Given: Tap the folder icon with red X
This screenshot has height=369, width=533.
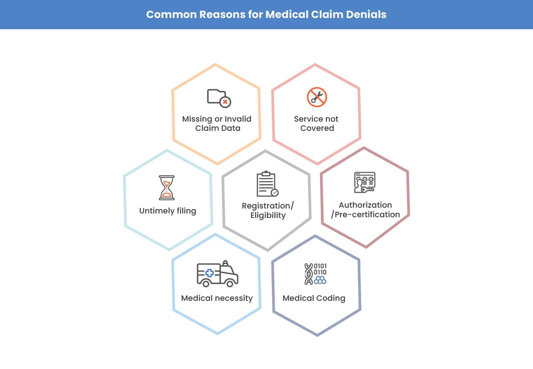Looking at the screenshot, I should coord(219,98).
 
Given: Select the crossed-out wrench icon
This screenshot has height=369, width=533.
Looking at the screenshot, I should coord(317,97).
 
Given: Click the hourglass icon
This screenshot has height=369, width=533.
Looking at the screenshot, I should coord(167,188).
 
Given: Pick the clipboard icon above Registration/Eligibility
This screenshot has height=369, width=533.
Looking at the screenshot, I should coord(266,184).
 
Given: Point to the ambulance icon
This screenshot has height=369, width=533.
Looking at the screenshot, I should coord(217,274).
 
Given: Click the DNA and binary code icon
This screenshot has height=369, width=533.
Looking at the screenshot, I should coord(315,274).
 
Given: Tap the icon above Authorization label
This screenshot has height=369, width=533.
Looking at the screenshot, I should coord(364,182).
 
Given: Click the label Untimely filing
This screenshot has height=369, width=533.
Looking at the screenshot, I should coord(168,211).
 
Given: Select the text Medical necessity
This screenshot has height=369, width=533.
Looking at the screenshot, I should coord(217,298).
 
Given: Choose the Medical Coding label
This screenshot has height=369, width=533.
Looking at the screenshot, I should coord(314,298).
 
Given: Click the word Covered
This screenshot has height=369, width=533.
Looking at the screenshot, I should coord(317,128).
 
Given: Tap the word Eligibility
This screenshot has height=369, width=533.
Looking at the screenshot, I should coord(268,216).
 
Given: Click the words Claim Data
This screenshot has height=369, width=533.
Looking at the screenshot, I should coord(218,128).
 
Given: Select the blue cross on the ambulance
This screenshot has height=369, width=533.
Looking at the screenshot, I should coord(209,273).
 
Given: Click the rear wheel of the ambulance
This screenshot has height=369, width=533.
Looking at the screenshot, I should coord(206,283).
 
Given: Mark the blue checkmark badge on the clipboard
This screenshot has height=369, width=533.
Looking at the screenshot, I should coord(274,193).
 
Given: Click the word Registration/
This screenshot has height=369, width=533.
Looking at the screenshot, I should coord(267,206).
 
